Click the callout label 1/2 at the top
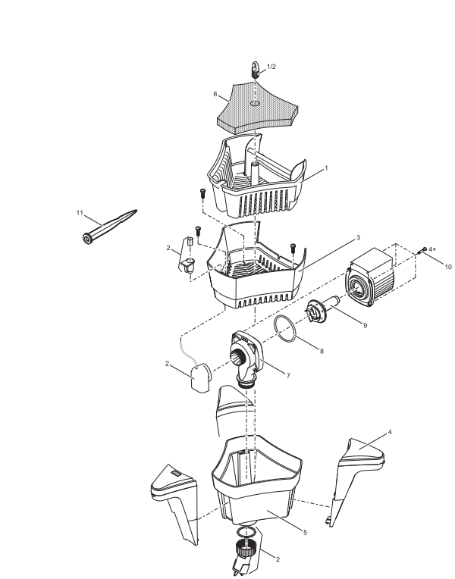[x=272, y=67]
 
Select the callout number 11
[x=79, y=213]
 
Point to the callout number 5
[x=305, y=533]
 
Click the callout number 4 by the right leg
[x=390, y=433]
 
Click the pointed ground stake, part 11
[x=110, y=227]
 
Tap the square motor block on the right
[x=371, y=278]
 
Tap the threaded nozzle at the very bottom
[x=248, y=551]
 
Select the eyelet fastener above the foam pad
[x=256, y=70]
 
